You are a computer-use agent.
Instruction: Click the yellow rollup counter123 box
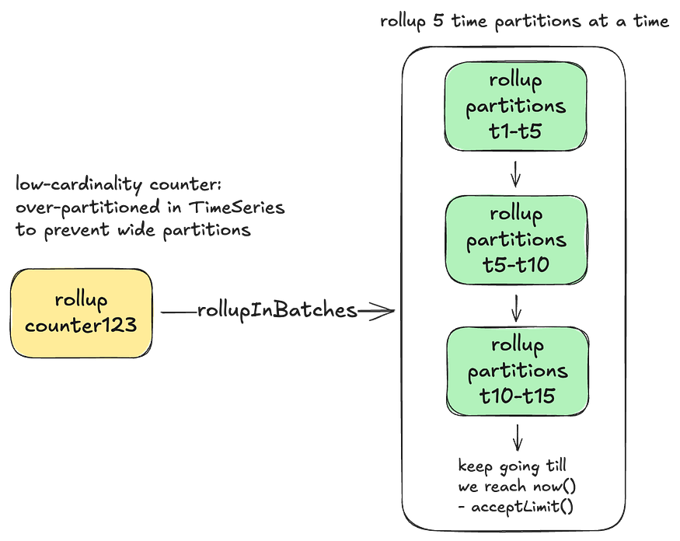pos(81,312)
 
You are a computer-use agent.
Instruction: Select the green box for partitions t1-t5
pos(516,106)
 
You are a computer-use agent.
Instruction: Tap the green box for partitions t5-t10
pos(516,240)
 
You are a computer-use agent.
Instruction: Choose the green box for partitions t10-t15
pos(518,372)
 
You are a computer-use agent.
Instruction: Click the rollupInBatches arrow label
pos(277,311)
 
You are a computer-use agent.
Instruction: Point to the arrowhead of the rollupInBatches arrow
pos(394,311)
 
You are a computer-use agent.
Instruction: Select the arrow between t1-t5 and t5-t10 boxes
pos(515,174)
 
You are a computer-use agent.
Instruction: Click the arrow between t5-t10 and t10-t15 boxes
pos(516,308)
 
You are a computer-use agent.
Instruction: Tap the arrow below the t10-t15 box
pos(517,438)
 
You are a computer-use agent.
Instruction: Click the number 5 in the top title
pos(438,20)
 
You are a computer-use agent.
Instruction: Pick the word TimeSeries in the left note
pos(237,207)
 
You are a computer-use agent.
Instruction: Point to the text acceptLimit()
pos(522,506)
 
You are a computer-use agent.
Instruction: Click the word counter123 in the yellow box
pos(81,325)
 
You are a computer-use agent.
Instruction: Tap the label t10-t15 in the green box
pos(518,396)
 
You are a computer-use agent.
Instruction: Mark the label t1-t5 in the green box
pos(515,131)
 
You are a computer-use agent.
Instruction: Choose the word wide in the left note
pos(136,229)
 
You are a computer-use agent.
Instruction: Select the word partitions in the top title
pos(537,21)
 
